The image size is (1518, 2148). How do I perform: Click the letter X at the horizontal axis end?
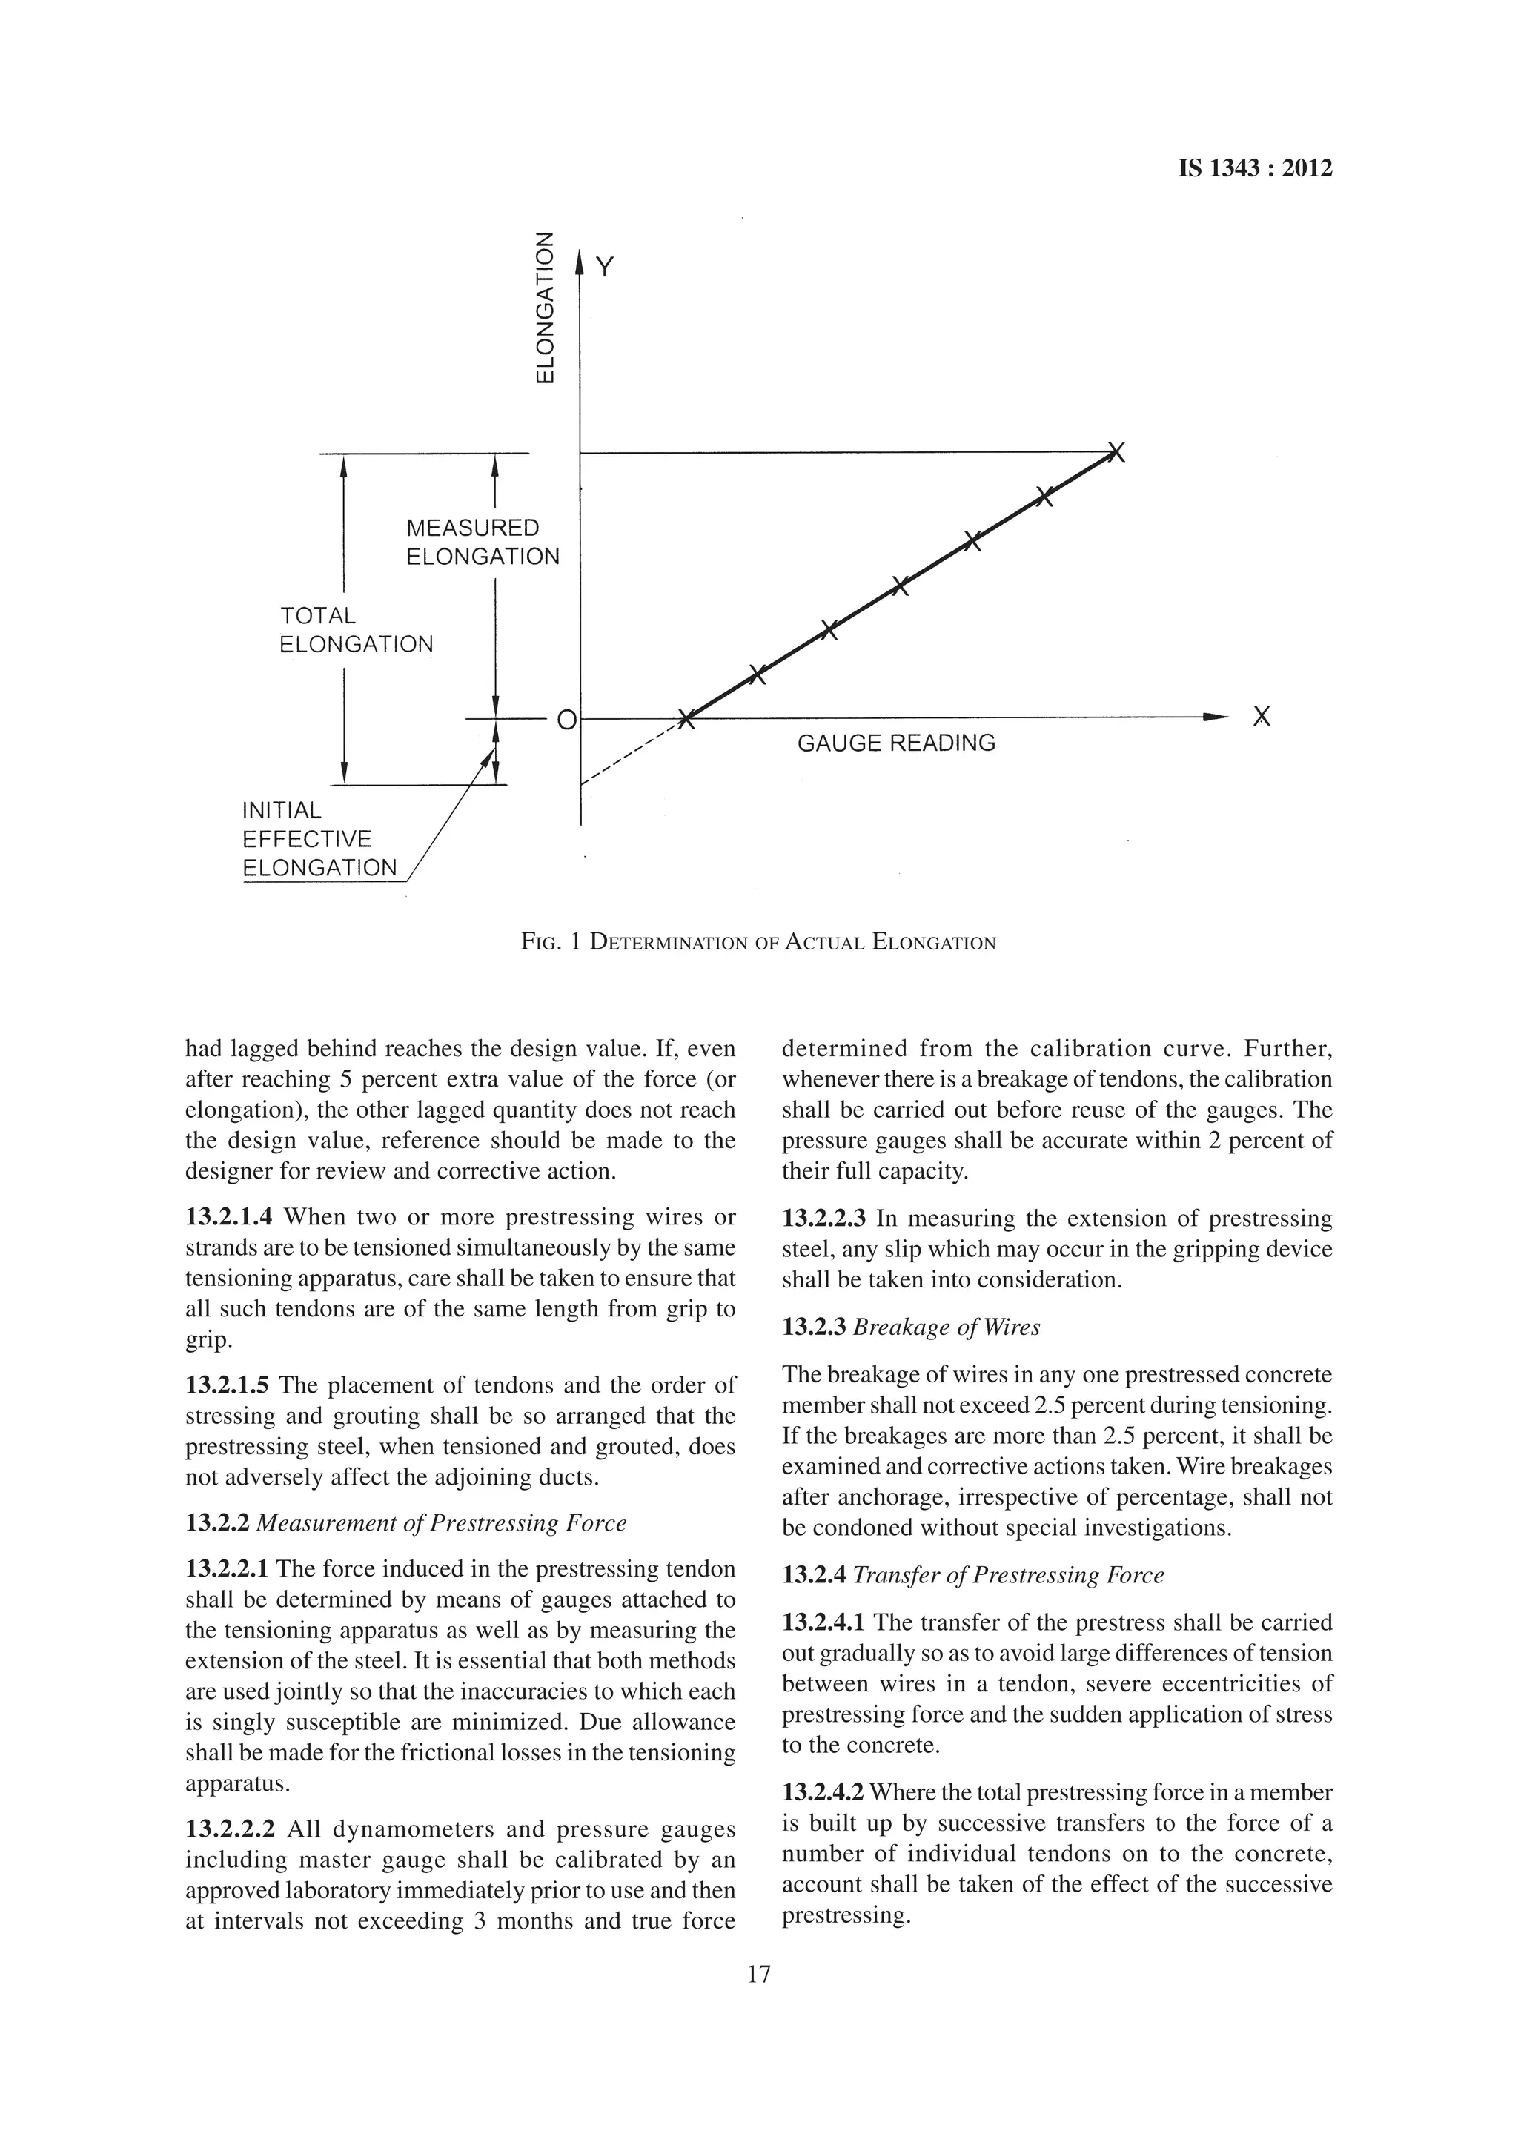[x=1262, y=717]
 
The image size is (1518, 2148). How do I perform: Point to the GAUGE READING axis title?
[x=896, y=743]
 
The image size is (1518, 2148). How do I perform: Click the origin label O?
[x=566, y=720]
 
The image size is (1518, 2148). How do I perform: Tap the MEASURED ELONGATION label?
[x=482, y=543]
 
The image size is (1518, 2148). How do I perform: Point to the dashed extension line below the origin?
[x=629, y=754]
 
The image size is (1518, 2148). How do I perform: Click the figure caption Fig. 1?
[x=758, y=942]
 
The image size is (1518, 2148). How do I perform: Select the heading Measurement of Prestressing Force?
[x=440, y=1523]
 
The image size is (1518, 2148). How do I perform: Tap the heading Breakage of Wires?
[x=947, y=1327]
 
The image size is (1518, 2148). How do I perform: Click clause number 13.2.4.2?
[x=823, y=1792]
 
